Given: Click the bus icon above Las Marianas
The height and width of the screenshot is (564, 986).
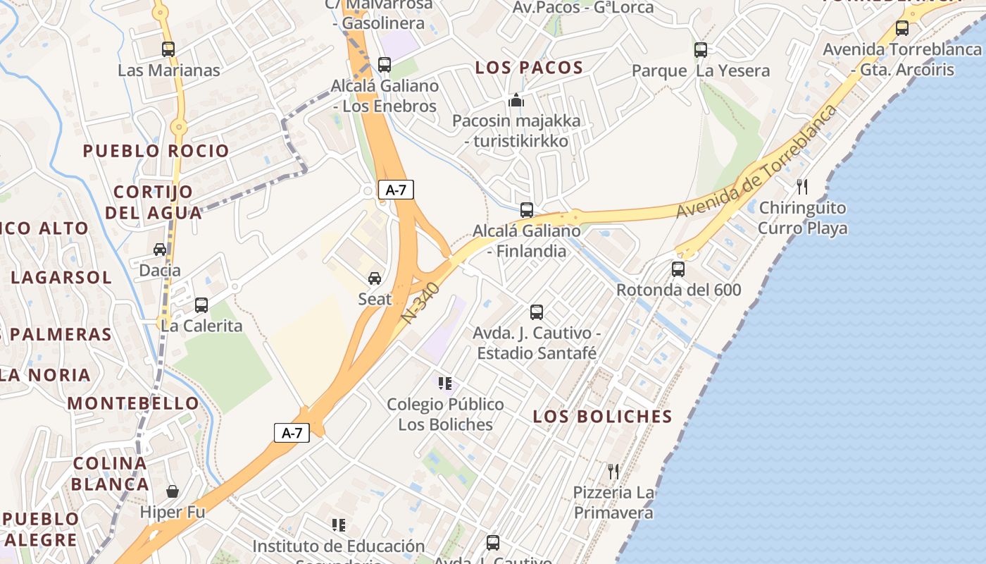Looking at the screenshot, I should click(168, 49).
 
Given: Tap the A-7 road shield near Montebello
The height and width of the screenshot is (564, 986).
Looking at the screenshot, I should click(292, 433).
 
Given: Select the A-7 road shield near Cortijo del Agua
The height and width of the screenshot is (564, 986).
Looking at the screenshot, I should click(396, 190).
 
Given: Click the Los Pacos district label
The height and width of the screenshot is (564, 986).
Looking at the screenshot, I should click(529, 68).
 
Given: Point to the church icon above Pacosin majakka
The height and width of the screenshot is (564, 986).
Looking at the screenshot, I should click(516, 100).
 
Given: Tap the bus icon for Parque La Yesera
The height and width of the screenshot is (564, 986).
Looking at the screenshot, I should click(700, 50).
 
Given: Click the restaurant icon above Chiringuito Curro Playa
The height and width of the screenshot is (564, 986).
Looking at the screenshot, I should click(801, 187).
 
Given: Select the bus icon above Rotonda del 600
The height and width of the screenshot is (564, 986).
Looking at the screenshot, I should click(678, 269).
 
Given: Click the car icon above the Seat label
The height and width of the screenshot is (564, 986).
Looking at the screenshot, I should click(375, 278).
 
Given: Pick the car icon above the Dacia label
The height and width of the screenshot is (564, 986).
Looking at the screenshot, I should click(160, 250).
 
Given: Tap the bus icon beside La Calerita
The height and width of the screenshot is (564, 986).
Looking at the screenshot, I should click(201, 305).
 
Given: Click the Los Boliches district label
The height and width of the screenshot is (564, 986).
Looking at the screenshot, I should click(602, 416).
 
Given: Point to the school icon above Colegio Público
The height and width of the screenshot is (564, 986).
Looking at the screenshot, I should click(444, 384).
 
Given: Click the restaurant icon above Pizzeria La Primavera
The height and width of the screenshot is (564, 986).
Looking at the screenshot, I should click(613, 471).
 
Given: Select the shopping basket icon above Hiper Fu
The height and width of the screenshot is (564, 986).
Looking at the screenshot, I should click(172, 491).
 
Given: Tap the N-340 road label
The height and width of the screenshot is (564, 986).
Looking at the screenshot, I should click(422, 303).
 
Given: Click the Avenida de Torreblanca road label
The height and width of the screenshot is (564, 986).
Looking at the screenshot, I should click(757, 161).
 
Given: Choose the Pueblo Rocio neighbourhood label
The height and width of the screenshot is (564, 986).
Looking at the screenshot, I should click(156, 151).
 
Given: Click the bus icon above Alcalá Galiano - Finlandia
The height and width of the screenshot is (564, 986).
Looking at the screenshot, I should click(526, 210).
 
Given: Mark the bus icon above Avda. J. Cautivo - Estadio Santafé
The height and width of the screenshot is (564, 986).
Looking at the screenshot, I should click(536, 312).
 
